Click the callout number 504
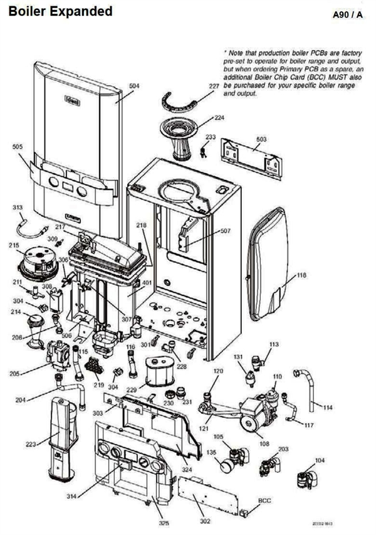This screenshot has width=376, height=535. click(134, 86)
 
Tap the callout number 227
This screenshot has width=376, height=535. click(214, 86)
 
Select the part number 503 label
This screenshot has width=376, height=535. click(261, 139)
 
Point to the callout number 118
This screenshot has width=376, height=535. click(301, 275)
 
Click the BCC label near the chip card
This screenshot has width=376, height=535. click(264, 501)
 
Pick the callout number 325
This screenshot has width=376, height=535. click(164, 523)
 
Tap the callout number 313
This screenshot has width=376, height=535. click(18, 206)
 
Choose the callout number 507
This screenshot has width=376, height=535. click(225, 231)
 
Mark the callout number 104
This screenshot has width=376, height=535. click(320, 460)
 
